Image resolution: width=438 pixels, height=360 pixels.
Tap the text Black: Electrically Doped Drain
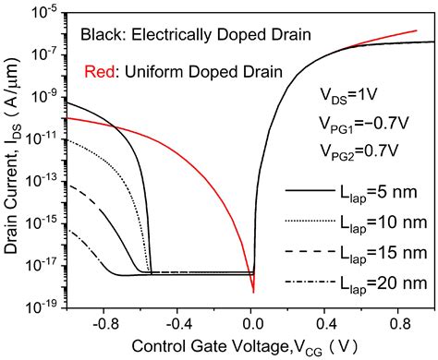pyautogui.click(x=173, y=36)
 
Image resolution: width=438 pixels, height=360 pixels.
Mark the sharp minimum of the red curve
pyautogui.click(x=253, y=292)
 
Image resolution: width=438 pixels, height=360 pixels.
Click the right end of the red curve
pyautogui.click(x=417, y=30)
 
